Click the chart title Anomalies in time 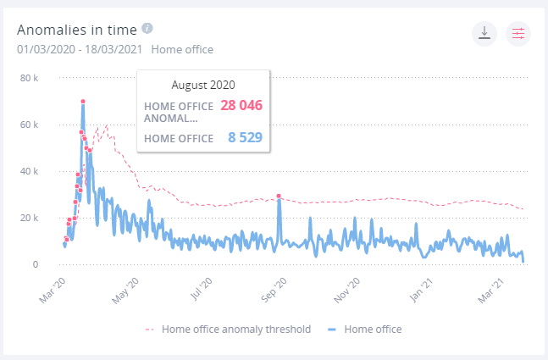(77, 29)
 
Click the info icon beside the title (147, 28)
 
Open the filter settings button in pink (518, 33)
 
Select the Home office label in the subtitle (182, 49)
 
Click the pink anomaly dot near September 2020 (279, 197)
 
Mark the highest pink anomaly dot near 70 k (83, 102)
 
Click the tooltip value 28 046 (241, 106)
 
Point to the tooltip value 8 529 (244, 137)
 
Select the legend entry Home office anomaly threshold (228, 329)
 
